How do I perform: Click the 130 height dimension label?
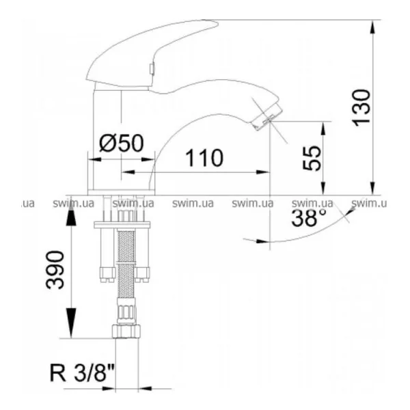362,108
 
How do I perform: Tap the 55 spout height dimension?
312,158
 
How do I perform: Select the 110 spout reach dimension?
204,158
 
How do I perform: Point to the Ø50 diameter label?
122,143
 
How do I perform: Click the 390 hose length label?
55,270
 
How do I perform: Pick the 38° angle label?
310,218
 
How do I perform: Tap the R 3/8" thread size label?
82,373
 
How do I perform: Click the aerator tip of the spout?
267,117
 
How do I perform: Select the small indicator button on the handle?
151,68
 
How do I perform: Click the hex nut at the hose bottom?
126,331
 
